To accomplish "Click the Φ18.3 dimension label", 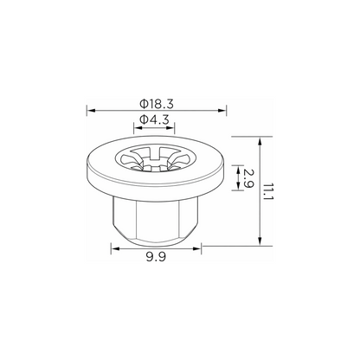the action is [x=157, y=104].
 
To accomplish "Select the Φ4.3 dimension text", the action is [x=154, y=119].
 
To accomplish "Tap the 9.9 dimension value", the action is [x=156, y=256].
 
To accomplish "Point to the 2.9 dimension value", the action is [x=248, y=178].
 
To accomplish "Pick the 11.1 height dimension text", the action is [x=268, y=192].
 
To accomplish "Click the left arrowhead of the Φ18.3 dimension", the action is [x=91, y=110].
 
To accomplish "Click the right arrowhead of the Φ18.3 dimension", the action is [x=222, y=110].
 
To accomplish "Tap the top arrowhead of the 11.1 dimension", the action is [x=260, y=141].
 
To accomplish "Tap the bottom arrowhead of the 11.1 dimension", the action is [x=260, y=241].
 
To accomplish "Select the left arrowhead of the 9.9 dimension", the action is [x=116, y=248].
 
